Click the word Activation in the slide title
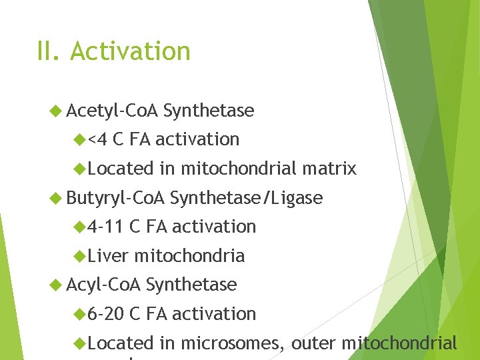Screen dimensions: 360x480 (x=130, y=51)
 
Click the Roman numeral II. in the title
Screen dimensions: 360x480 (x=49, y=51)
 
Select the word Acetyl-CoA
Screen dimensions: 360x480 (x=112, y=111)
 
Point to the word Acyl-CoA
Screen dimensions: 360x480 (x=103, y=285)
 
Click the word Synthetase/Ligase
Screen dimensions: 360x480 (x=246, y=198)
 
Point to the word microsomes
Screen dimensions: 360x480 (x=232, y=343)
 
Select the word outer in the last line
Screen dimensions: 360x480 (x=313, y=343)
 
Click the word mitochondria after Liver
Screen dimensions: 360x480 (x=189, y=255)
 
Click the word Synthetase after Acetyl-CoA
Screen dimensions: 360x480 (x=208, y=111)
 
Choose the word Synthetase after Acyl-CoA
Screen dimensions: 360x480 (x=191, y=285)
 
